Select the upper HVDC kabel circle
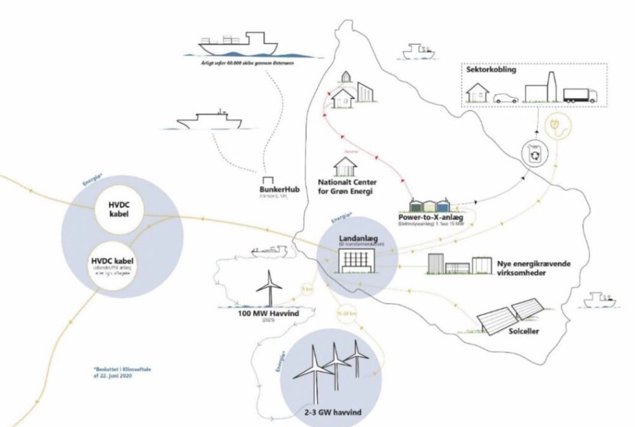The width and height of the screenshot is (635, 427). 113,208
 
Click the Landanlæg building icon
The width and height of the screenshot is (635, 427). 357,260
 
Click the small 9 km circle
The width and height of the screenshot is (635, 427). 307,290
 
